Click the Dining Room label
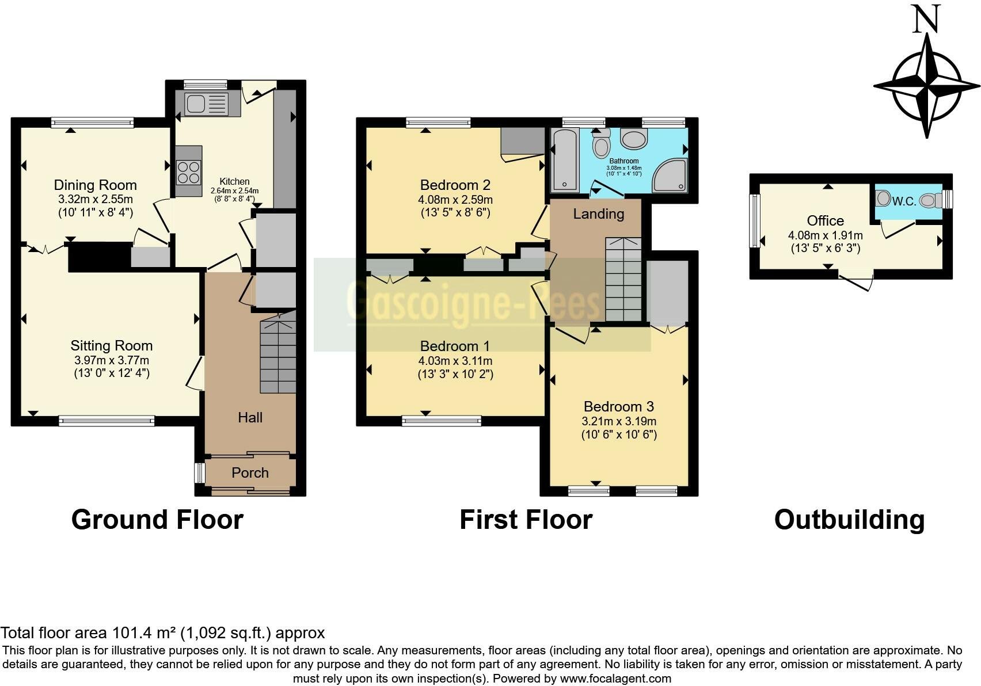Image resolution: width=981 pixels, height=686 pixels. pyautogui.click(x=95, y=185)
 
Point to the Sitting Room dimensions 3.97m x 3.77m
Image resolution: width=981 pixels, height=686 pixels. pyautogui.click(x=112, y=360)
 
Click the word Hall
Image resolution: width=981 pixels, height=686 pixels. pyautogui.click(x=250, y=417)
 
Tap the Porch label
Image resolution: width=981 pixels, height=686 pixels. pyautogui.click(x=250, y=473)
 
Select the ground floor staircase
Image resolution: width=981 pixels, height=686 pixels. pyautogui.click(x=278, y=352)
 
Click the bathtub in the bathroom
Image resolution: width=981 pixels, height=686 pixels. pyautogui.click(x=565, y=161)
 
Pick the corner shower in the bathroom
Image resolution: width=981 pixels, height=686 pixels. pyautogui.click(x=670, y=176)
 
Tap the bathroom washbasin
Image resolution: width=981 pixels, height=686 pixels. pyautogui.click(x=634, y=139)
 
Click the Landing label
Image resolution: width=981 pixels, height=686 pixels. pyautogui.click(x=598, y=214)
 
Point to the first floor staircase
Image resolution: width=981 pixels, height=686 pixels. pyautogui.click(x=623, y=280)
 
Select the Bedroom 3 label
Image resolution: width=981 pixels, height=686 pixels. pyautogui.click(x=619, y=406)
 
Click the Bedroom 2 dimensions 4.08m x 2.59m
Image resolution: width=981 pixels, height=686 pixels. pyautogui.click(x=455, y=200)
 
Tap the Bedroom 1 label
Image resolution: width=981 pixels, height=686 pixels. pyautogui.click(x=455, y=346)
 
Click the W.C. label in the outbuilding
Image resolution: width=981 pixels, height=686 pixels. pyautogui.click(x=904, y=201)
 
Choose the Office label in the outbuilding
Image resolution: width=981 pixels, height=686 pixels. pyautogui.click(x=825, y=220)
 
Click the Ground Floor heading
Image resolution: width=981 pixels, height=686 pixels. pyautogui.click(x=157, y=520)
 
